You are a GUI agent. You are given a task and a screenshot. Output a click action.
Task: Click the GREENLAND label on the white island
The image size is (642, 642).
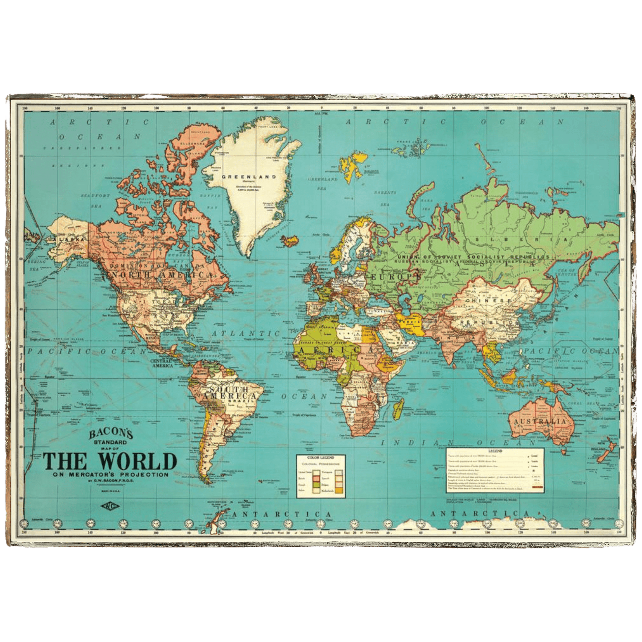(x=249, y=177)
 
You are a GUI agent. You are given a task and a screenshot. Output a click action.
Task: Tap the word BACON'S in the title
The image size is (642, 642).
(x=106, y=433)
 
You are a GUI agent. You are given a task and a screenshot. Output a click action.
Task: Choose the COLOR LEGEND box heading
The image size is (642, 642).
(x=321, y=458)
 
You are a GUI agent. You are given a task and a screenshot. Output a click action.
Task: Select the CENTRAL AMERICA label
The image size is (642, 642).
(x=162, y=363)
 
